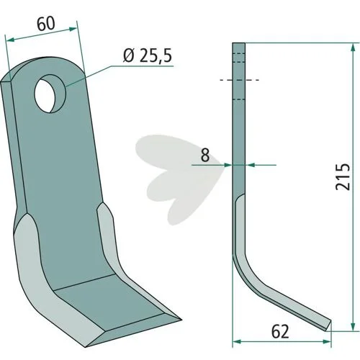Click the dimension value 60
[46, 24]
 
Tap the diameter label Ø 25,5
[148, 56]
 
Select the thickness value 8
[205, 156]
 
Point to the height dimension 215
[343, 177]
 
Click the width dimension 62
[280, 332]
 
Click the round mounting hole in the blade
[50, 94]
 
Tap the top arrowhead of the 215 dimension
[353, 48]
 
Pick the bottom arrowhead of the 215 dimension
[353, 327]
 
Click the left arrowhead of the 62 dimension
[237, 341]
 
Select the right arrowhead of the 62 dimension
[327, 341]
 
